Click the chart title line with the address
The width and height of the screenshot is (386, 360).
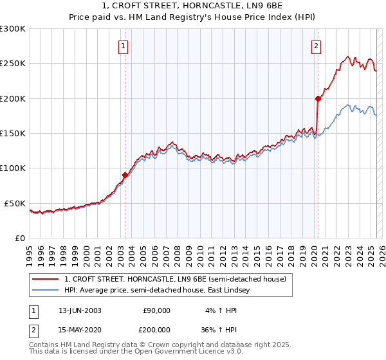pyautogui.click(x=193, y=6)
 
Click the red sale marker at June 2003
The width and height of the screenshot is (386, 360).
pyautogui.click(x=125, y=175)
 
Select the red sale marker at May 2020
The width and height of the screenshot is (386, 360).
pyautogui.click(x=318, y=98)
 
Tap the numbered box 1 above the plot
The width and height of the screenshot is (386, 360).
pyautogui.click(x=123, y=46)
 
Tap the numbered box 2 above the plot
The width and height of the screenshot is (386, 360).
pyautogui.click(x=317, y=46)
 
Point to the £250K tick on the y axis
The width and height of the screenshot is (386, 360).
pyautogui.click(x=13, y=64)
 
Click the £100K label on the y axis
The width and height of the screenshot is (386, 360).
pyautogui.click(x=13, y=168)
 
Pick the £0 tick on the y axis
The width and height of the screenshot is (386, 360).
pyautogui.click(x=19, y=238)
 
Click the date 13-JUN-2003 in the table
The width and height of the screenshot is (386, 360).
pyautogui.click(x=80, y=310)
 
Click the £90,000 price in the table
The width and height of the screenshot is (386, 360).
pyautogui.click(x=156, y=310)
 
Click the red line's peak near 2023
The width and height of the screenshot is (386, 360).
pyautogui.click(x=347, y=57)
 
